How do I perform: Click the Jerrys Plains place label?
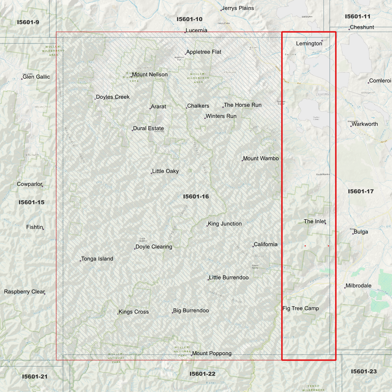click(x=238, y=8)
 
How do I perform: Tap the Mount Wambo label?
click(x=261, y=158)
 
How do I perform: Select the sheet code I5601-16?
click(x=196, y=196)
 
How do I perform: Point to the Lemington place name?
click(x=309, y=43)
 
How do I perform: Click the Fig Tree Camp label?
click(x=301, y=308)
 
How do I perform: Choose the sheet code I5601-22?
click(x=202, y=374)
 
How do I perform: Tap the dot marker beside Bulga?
click(x=353, y=234)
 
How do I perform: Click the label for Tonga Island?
click(x=97, y=259)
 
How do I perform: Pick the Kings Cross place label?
click(x=134, y=312)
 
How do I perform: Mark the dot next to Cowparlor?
click(x=42, y=186)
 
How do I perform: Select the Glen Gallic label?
click(x=36, y=77)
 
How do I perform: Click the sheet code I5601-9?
click(x=28, y=22)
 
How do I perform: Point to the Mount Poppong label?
click(x=212, y=353)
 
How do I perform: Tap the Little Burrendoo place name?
click(x=229, y=278)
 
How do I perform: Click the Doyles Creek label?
click(x=113, y=97)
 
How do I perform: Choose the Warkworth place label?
click(x=365, y=124)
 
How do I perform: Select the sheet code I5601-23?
click(x=364, y=371)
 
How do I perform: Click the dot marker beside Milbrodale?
click(x=345, y=288)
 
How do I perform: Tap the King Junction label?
click(x=225, y=224)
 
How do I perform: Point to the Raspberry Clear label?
click(x=24, y=292)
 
